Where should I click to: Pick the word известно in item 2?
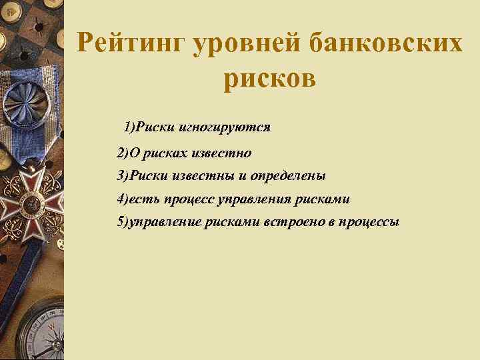click(x=221, y=154)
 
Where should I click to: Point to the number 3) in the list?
click(x=123, y=177)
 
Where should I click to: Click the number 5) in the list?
click(x=123, y=221)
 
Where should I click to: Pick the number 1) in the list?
click(x=130, y=127)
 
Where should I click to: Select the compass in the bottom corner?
click(x=40, y=333)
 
